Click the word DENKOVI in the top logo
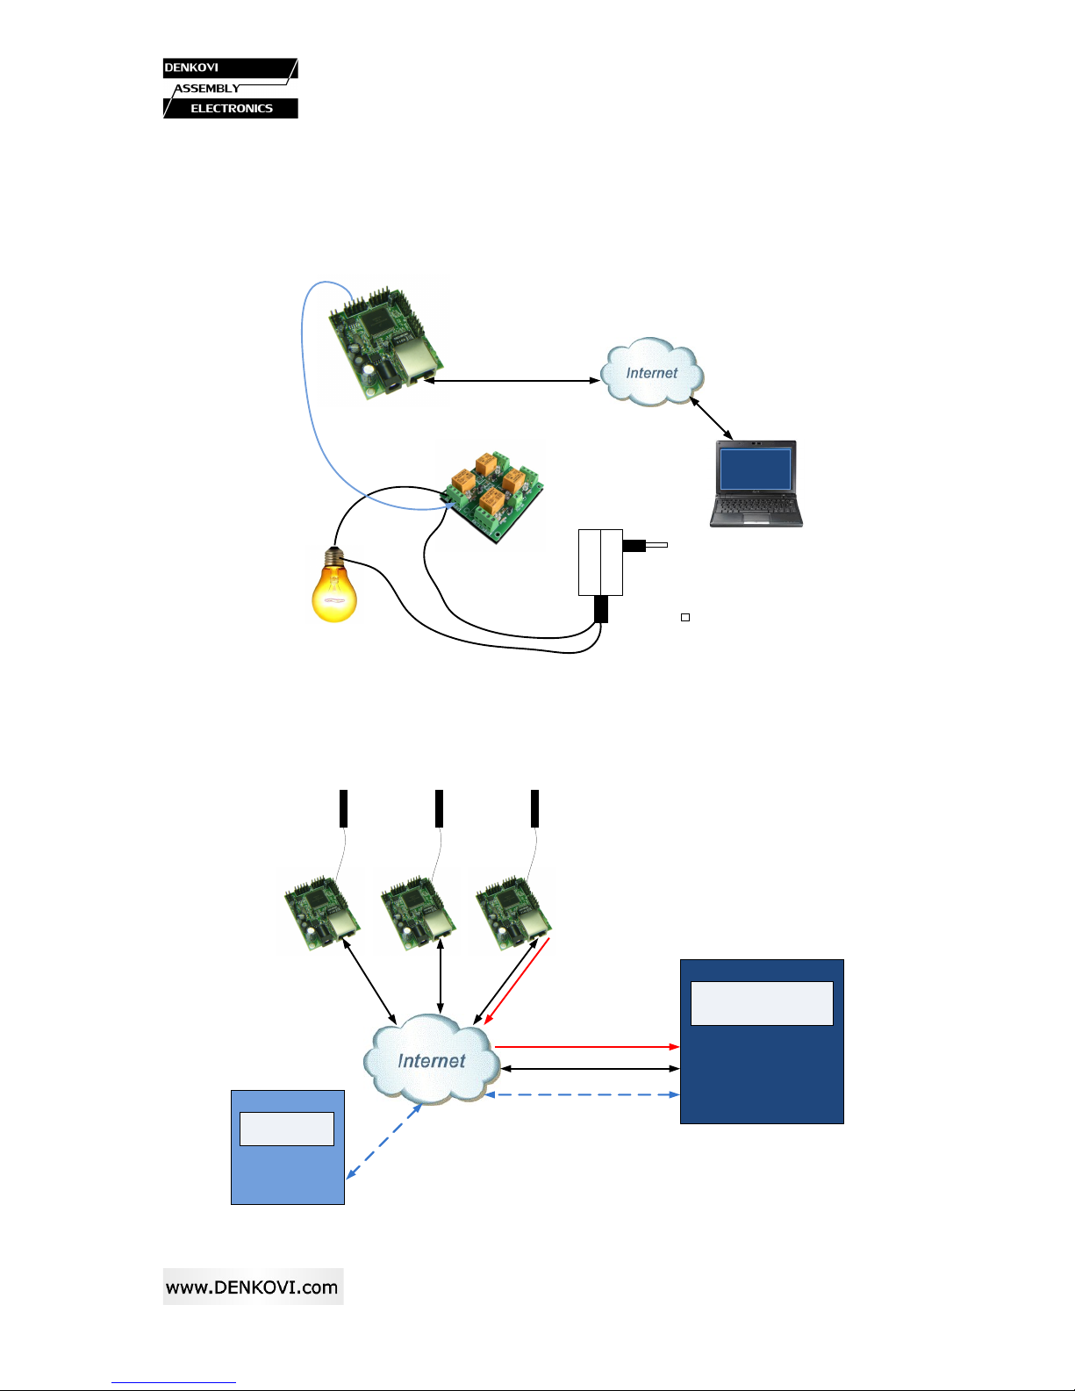(191, 68)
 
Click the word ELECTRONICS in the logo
(232, 109)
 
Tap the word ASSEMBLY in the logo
(207, 89)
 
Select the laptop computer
(756, 484)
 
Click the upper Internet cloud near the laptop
(652, 373)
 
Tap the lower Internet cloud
(431, 1060)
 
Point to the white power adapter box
(600, 562)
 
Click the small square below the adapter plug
(685, 618)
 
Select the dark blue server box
(762, 1079)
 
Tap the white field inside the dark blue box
(762, 1003)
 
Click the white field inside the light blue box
(287, 1129)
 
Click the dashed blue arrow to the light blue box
(384, 1141)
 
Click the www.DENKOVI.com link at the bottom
(253, 1287)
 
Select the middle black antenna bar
(439, 808)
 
